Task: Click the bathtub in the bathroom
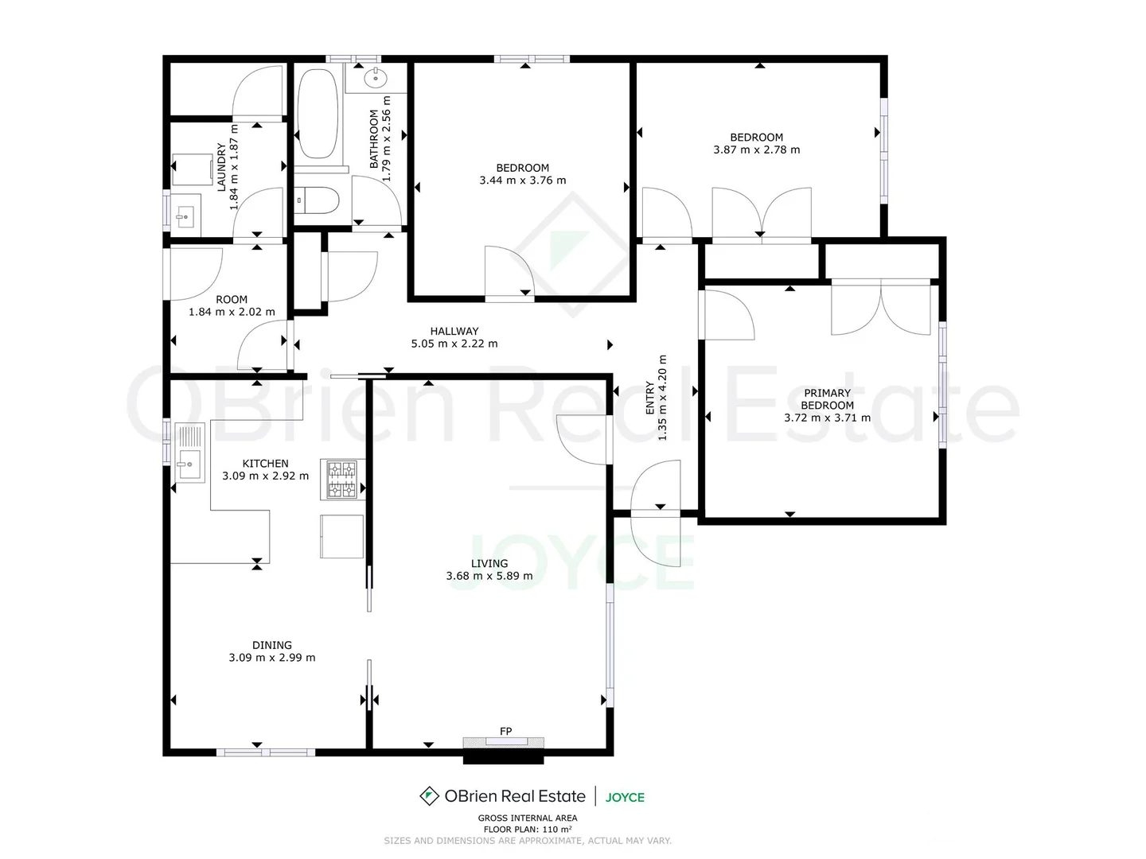[318, 114]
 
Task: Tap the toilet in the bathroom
[318, 200]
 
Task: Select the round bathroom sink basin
[375, 78]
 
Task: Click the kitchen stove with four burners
[342, 480]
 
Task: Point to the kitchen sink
[189, 462]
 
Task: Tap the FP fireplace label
[505, 731]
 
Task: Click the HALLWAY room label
[454, 331]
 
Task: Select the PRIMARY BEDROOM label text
[827, 398]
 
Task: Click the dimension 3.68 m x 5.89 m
[489, 576]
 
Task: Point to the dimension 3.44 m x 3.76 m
[523, 181]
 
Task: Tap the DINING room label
[272, 645]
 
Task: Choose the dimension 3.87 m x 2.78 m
[757, 150]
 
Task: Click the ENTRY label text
[650, 398]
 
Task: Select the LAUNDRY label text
[222, 166]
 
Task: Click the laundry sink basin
[185, 215]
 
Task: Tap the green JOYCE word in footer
[625, 797]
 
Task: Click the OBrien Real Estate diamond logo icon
[429, 796]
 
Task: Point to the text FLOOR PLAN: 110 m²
[528, 829]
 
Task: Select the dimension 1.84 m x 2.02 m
[232, 312]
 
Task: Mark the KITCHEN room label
[266, 463]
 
